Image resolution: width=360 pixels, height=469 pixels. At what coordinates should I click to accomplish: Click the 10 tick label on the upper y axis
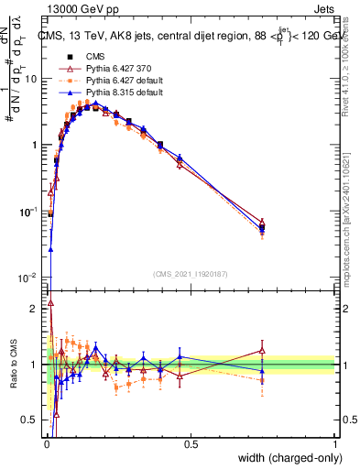[30, 79]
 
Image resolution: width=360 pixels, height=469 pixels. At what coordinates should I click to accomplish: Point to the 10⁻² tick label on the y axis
[27, 278]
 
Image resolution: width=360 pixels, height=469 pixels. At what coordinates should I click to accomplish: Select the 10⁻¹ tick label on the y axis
[27, 212]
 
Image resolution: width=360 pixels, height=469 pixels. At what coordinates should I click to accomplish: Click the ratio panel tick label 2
[34, 309]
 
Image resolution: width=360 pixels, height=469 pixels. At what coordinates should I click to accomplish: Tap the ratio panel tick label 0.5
[30, 420]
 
